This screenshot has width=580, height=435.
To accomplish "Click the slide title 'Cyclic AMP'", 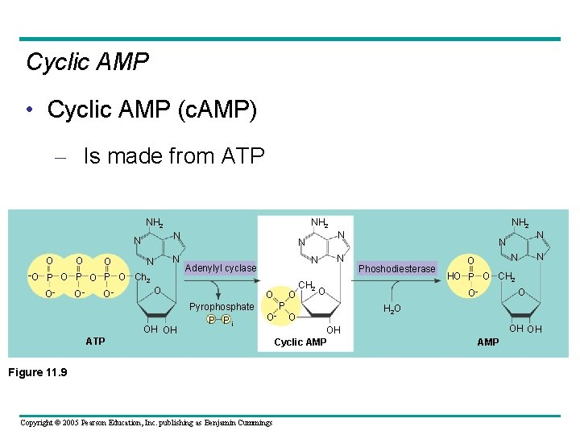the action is pyautogui.click(x=87, y=62).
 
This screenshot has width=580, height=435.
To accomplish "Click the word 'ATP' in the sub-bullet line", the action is pyautogui.click(x=241, y=155).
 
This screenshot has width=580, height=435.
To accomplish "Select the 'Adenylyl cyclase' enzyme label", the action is pyautogui.click(x=221, y=268).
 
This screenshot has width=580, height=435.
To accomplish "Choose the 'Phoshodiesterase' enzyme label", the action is pyautogui.click(x=397, y=269).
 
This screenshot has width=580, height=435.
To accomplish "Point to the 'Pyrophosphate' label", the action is pyautogui.click(x=222, y=307).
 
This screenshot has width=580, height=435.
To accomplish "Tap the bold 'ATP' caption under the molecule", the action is pyautogui.click(x=95, y=342).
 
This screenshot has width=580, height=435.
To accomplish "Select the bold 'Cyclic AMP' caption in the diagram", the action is pyautogui.click(x=300, y=342).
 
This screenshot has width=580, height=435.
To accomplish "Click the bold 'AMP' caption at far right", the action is pyautogui.click(x=488, y=342).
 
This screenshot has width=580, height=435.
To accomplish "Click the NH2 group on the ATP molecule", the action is pyautogui.click(x=155, y=223).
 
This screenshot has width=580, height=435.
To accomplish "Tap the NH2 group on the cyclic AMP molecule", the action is pyautogui.click(x=320, y=223).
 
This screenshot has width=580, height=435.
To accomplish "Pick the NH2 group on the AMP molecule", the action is pyautogui.click(x=520, y=223).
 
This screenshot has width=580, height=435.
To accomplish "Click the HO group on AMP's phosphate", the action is pyautogui.click(x=454, y=276).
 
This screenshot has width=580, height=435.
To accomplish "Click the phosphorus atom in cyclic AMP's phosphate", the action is pyautogui.click(x=281, y=306).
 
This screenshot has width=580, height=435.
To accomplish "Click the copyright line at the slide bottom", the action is pyautogui.click(x=146, y=423).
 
